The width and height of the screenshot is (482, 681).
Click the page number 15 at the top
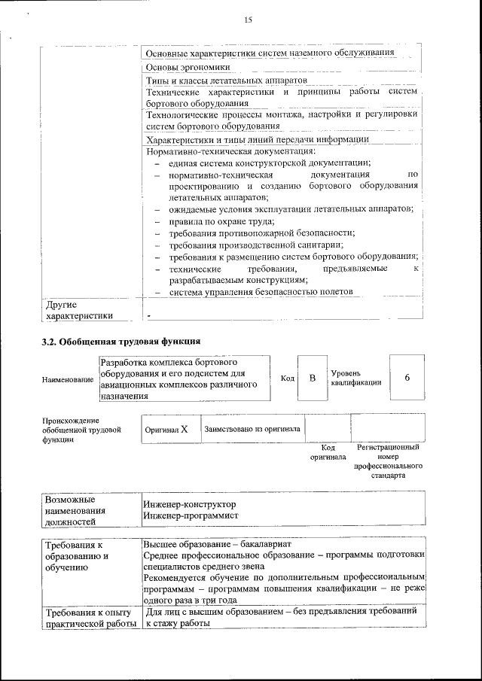pos(248,20)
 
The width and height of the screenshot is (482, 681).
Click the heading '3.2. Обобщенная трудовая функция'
pos(120,342)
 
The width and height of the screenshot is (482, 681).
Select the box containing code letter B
pos(312,377)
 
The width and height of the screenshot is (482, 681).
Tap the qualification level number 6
pos(407,377)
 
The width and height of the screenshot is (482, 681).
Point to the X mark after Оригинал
pos(183,429)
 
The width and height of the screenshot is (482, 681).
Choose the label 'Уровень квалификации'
pos(355,377)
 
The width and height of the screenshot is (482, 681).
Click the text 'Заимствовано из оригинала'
pos(252,429)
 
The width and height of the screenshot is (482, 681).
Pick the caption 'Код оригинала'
pos(328,451)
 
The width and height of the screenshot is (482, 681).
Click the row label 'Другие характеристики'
pos(79,310)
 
